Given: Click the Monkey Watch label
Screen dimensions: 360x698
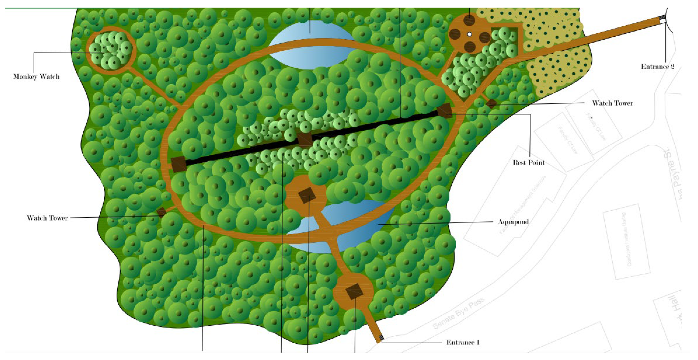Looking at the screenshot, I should pos(36,77).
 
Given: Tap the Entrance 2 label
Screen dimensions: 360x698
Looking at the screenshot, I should pos(657,67).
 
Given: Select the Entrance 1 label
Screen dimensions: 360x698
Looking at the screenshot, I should pos(463,342).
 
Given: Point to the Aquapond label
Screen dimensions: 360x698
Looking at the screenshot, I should pos(513,222).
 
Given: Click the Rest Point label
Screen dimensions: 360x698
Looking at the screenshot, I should pos(529,163).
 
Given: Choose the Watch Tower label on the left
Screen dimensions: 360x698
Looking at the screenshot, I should pos(47,218).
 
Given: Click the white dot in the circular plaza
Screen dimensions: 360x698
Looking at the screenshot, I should pos(470,34).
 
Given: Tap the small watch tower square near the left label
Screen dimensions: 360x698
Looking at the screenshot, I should pos(162,212).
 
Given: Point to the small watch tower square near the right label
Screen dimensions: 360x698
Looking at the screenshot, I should pos(491,103).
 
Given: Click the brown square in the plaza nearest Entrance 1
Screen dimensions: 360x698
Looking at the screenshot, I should pos(354,291).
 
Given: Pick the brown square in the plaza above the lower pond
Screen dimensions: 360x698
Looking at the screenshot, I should pos(307,195).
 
